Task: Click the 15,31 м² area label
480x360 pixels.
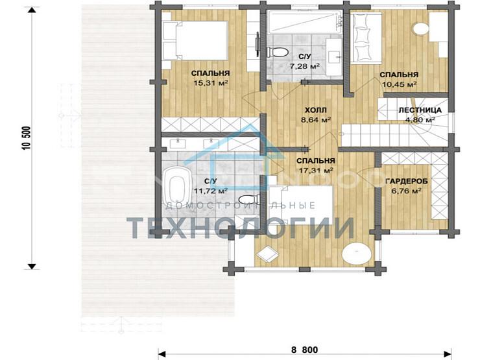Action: click(211, 83)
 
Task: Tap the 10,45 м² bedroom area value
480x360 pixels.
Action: click(399, 84)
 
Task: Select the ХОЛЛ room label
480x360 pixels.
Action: click(316, 110)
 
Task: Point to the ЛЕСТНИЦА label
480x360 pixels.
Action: click(420, 110)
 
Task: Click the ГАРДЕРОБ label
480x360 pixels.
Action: click(407, 182)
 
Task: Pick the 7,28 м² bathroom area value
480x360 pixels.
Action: click(305, 66)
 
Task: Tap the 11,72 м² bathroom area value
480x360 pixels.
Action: click(211, 191)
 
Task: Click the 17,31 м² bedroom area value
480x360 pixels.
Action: click(316, 170)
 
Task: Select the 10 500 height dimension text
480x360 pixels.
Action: click(27, 138)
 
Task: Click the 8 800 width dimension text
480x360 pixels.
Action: click(304, 350)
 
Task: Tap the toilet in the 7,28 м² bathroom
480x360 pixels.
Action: click(278, 52)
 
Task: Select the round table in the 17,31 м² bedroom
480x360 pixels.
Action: click(357, 252)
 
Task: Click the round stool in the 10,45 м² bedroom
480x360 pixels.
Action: click(421, 29)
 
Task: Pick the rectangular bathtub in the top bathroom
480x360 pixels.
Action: click(306, 22)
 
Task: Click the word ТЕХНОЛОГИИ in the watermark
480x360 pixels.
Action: click(241, 228)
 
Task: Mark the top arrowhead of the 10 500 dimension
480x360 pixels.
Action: click(32, 10)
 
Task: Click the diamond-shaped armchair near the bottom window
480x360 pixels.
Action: click(267, 254)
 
